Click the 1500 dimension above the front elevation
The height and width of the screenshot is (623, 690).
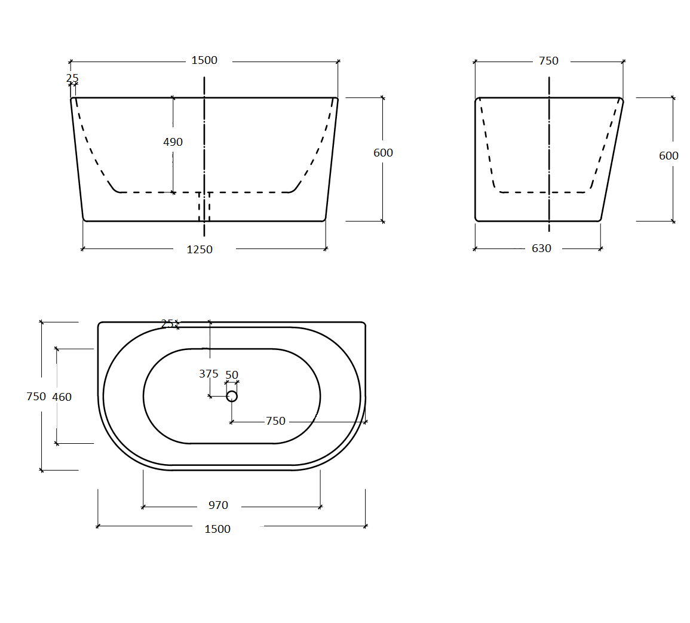coord(204,60)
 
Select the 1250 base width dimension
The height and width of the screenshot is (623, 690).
coord(200,250)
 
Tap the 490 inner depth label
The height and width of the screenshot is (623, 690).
coord(173,142)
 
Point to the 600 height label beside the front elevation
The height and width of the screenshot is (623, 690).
coord(383,153)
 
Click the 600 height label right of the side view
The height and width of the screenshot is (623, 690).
coord(668,156)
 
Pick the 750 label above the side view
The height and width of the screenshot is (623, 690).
coord(548,61)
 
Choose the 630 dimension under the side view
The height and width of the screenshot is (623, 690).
coord(541,248)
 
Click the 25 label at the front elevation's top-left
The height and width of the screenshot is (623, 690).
coord(72,79)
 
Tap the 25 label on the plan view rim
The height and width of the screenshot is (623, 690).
coord(167,324)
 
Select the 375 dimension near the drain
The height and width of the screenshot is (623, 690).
coord(208,374)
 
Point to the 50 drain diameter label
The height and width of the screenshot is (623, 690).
coord(232,375)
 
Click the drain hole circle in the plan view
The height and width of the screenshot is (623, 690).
coord(232,396)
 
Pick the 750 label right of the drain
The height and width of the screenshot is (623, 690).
coord(275,421)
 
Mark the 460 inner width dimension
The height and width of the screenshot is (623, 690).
coord(62,397)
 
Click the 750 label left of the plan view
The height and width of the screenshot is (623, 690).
coord(36,397)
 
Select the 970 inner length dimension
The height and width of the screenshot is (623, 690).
coord(218,505)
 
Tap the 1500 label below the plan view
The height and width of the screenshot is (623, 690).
coord(217,529)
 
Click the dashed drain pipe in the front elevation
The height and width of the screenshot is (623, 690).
coord(204,206)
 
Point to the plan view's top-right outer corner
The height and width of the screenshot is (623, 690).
coord(364,323)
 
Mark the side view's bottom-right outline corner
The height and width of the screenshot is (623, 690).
coord(599,220)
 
